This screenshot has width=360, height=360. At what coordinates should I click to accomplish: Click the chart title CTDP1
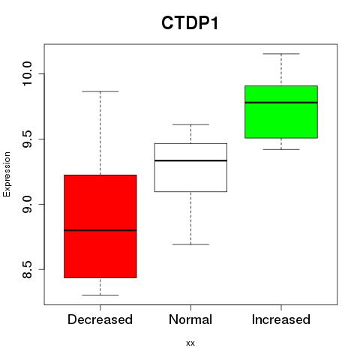tap(190, 23)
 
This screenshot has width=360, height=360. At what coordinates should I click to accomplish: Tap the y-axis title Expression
tap(7, 174)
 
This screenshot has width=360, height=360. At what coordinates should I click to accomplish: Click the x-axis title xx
tap(190, 343)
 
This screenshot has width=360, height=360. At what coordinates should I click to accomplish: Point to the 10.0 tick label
tap(27, 73)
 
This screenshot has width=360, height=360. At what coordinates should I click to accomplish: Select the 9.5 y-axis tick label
tap(27, 139)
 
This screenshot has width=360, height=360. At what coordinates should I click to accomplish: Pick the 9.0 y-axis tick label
tap(27, 204)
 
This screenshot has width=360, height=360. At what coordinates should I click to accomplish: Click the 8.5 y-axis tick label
tap(27, 269)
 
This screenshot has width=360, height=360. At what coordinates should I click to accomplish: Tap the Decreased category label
tap(100, 319)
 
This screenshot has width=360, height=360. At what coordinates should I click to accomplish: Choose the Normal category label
tap(190, 319)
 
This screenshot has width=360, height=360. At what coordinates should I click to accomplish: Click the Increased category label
tap(281, 319)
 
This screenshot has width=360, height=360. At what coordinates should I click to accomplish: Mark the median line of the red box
tap(100, 230)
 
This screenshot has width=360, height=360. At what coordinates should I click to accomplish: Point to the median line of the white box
tap(190, 160)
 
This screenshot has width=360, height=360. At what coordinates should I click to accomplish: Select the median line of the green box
tap(281, 103)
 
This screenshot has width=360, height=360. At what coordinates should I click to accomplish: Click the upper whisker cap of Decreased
tap(100, 91)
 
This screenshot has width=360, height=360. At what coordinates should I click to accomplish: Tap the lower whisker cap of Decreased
tap(100, 295)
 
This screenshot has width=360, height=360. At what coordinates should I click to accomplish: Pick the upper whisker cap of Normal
tap(190, 124)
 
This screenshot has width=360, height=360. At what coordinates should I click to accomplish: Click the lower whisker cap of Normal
tap(190, 244)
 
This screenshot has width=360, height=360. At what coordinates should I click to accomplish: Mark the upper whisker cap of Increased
tap(281, 54)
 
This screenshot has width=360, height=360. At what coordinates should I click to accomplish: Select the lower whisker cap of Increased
tap(281, 149)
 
